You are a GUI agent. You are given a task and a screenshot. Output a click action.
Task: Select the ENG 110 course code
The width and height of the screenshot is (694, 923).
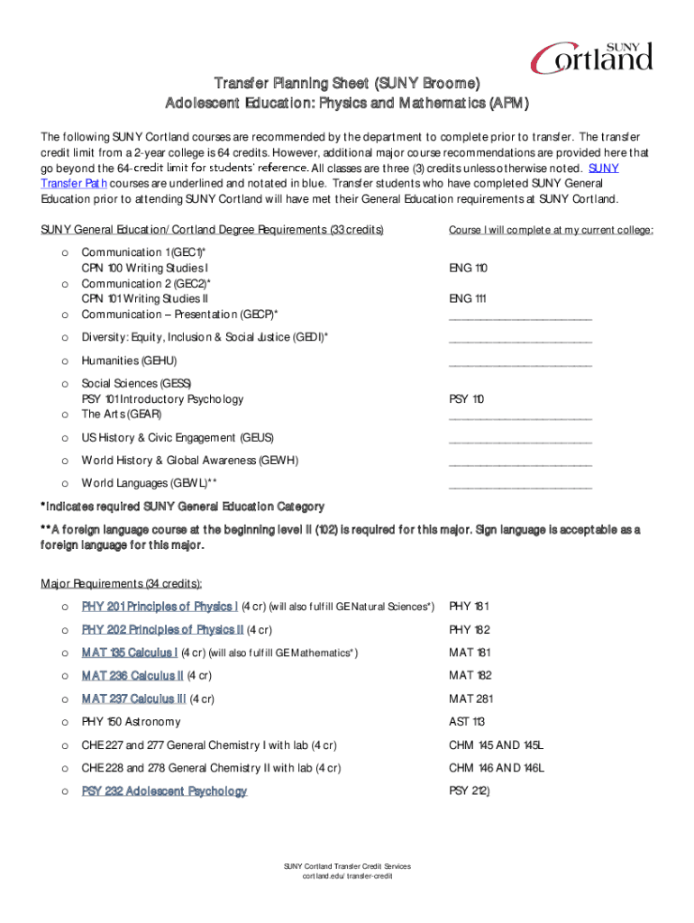tap(468, 269)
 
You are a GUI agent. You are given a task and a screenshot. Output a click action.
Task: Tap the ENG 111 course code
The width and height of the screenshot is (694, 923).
tap(468, 298)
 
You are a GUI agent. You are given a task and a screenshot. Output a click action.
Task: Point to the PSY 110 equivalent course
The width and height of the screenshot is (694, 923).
tap(467, 399)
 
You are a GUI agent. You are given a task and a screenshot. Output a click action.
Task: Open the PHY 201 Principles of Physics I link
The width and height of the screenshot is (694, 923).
tap(160, 606)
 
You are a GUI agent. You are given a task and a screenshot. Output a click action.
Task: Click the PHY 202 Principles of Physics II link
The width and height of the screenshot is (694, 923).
tap(162, 629)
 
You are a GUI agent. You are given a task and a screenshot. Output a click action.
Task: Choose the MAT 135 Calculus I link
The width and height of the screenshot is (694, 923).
tap(129, 652)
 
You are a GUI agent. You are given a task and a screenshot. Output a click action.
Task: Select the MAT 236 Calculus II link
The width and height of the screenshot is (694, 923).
tap(132, 675)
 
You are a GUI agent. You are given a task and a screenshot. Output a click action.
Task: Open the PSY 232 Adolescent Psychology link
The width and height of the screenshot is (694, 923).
tap(164, 791)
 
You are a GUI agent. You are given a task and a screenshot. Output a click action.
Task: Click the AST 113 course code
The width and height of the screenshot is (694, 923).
tap(467, 722)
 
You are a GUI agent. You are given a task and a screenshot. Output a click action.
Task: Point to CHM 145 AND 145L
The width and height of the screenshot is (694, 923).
tap(497, 745)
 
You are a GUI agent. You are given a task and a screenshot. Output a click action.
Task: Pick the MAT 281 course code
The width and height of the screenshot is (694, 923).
tap(470, 699)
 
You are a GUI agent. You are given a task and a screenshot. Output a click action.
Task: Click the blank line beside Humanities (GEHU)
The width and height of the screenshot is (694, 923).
tap(520, 363)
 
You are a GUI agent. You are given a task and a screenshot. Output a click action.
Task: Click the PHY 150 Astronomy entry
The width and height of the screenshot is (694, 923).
tap(131, 722)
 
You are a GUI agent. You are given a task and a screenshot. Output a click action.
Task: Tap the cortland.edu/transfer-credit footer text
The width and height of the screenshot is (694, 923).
tap(347, 876)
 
